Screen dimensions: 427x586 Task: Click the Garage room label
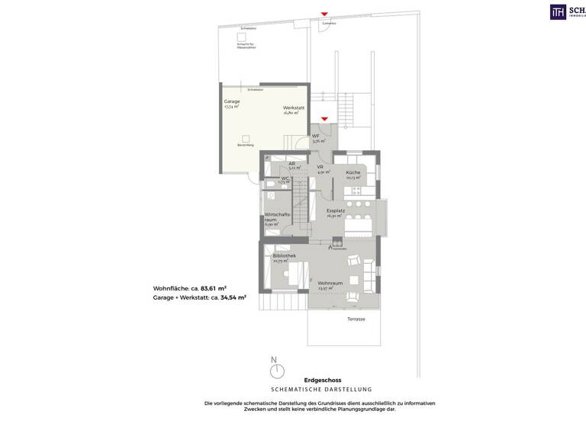click(231, 101)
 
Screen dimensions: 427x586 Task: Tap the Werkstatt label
click(293, 108)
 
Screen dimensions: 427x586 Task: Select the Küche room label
click(353, 173)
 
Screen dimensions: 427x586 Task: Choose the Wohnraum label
click(330, 283)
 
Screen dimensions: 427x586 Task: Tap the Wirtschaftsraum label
click(275, 217)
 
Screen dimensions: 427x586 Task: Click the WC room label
click(284, 178)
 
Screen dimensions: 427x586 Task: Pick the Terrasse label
click(356, 319)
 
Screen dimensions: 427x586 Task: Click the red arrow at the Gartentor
click(324, 14)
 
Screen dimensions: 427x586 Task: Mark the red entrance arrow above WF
click(324, 119)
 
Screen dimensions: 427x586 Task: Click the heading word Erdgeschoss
click(322, 379)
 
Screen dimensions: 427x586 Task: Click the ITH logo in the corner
click(559, 11)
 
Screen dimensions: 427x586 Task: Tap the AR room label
click(292, 163)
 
